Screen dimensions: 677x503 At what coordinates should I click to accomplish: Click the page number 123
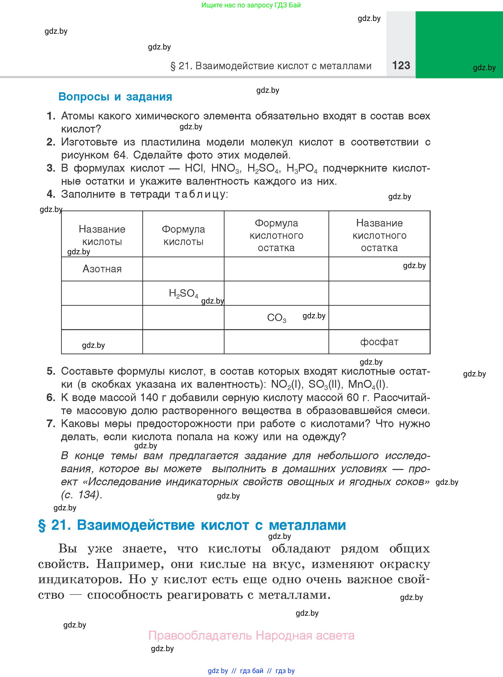click(x=401, y=65)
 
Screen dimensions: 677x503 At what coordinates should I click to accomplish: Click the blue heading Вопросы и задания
click(x=115, y=97)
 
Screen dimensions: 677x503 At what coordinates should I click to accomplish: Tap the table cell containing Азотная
click(x=102, y=269)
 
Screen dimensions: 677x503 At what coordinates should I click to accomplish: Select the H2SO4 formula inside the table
click(x=183, y=293)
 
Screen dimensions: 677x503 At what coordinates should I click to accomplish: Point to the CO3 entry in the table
click(x=276, y=318)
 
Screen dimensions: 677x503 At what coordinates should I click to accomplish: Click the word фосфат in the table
click(x=379, y=342)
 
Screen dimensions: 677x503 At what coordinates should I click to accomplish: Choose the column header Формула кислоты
click(x=183, y=235)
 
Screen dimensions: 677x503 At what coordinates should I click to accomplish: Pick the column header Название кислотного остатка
click(x=379, y=235)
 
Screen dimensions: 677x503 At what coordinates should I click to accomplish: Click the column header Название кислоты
click(x=102, y=235)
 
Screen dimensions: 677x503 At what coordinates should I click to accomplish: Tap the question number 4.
click(x=50, y=194)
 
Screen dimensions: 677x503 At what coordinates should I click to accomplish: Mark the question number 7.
click(x=50, y=424)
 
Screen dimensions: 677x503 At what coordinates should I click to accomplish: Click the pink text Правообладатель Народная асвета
click(x=251, y=636)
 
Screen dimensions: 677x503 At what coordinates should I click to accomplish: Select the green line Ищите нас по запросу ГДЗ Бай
click(x=251, y=5)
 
